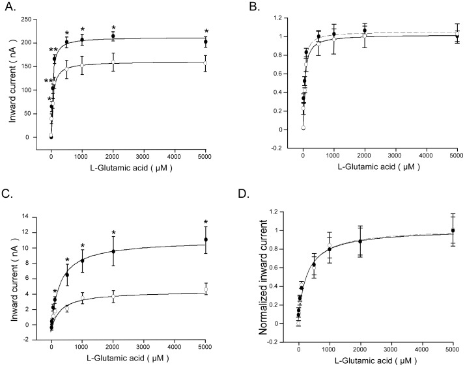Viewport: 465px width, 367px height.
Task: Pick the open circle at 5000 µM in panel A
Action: pyautogui.click(x=206, y=63)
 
